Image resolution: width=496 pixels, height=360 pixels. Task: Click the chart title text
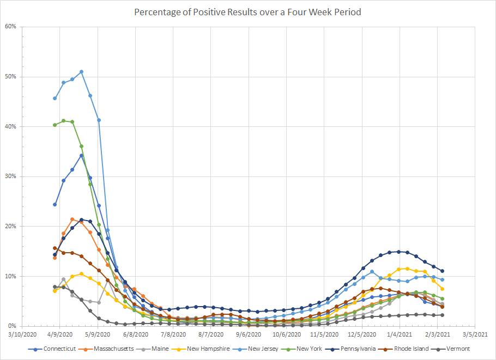(x=247, y=12)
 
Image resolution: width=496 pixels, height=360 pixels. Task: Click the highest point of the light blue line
(x=81, y=72)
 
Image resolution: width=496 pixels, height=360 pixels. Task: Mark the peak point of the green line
(x=63, y=121)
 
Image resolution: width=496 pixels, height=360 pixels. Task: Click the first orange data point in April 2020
(x=55, y=258)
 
